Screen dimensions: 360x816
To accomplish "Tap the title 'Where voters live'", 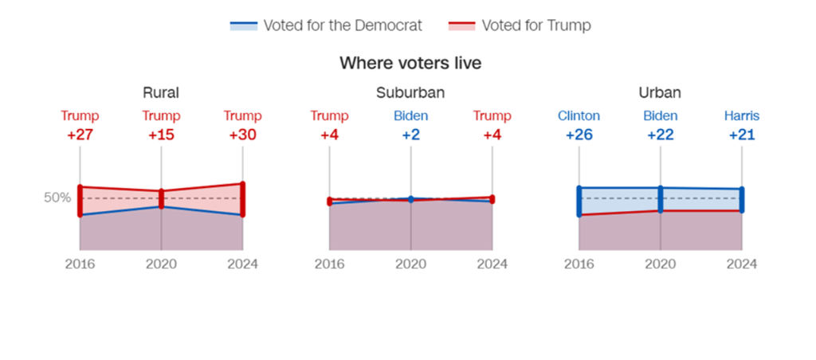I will coord(410,63).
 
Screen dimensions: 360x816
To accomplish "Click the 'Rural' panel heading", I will coord(160,93).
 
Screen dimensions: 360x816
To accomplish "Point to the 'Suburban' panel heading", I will coord(410,93).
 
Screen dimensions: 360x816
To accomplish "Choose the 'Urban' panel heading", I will coord(660,93).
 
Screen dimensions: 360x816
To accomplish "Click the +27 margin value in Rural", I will coord(80,135).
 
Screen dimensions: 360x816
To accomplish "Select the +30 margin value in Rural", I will coord(242,135).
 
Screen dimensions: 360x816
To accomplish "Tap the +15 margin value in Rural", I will coord(161,135).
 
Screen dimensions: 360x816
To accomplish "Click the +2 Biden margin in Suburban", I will coord(410,135).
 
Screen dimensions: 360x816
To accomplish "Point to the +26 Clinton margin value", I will coord(579,135).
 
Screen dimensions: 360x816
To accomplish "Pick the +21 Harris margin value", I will coord(742,135).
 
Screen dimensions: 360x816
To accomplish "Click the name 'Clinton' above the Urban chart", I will coord(579,116).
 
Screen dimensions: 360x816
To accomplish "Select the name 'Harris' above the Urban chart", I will coord(742,116).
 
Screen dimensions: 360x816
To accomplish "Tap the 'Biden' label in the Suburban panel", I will coord(410,116).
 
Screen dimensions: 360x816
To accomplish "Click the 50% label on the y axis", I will coord(57,198).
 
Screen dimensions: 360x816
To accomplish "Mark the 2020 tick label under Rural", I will coord(161,264).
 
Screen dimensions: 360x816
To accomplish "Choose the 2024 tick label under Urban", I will coord(742,264).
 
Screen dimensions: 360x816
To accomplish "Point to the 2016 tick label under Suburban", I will coord(329,264).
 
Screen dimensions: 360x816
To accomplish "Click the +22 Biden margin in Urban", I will coord(660,135).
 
